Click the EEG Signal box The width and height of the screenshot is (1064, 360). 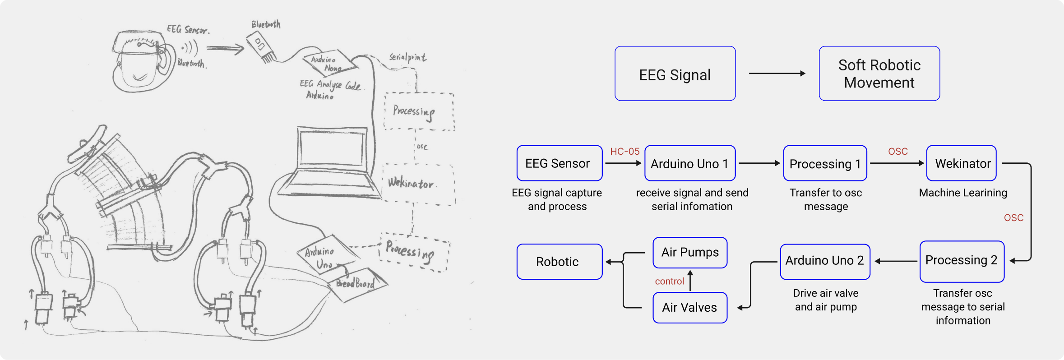(675, 74)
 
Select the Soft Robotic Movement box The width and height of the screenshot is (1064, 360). (879, 74)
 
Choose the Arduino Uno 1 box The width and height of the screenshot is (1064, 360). (690, 163)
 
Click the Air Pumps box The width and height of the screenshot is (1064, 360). (690, 253)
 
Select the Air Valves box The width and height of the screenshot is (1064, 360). (690, 308)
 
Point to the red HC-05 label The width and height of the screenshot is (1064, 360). (625, 152)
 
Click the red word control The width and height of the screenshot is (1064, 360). (670, 282)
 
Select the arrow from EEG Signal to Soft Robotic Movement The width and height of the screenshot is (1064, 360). (777, 74)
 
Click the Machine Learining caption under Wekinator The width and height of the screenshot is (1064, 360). (963, 193)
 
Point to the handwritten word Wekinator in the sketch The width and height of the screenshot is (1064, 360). (411, 183)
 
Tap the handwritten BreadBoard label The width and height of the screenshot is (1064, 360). (356, 283)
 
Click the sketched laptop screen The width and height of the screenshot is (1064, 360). (333, 149)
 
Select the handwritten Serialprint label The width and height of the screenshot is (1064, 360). (407, 57)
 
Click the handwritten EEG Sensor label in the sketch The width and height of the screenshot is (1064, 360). (188, 30)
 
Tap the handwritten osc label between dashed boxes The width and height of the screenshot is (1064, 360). (422, 147)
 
